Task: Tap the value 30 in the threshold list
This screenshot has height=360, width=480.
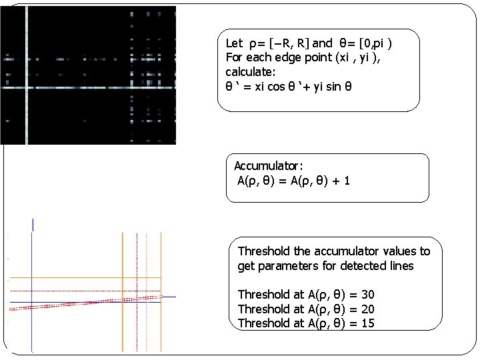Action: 366,295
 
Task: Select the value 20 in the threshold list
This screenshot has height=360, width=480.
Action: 366,309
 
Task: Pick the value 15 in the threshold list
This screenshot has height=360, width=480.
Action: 366,323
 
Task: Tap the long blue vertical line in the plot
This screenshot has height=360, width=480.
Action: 31,280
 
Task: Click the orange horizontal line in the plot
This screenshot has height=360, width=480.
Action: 80,277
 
